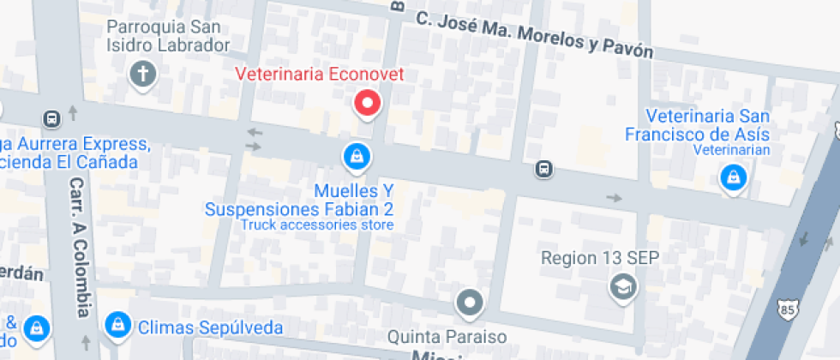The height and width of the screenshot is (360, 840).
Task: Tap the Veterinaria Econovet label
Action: (320, 75)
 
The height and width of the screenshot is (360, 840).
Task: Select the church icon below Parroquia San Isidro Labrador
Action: (142, 75)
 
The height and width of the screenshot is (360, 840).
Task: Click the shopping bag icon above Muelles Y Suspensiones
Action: (355, 156)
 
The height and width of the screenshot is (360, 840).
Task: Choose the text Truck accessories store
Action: (317, 225)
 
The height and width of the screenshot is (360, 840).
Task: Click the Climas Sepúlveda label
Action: (210, 327)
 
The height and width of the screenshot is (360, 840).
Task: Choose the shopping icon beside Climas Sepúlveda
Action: (116, 324)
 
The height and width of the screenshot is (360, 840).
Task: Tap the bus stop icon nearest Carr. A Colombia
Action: (51, 118)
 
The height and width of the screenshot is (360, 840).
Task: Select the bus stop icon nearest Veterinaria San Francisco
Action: (543, 169)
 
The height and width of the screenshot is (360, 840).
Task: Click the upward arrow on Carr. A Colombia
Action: (73, 112)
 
